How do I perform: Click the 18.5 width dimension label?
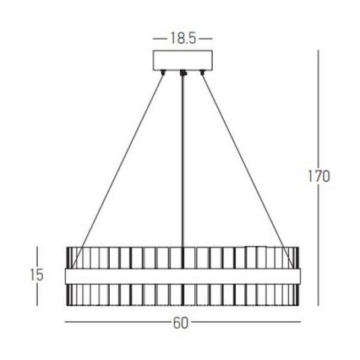click(x=183, y=39)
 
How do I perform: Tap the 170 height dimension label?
click(x=317, y=177)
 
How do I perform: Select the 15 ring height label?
click(x=36, y=275)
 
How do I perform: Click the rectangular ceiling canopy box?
click(x=183, y=62)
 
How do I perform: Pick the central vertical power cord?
click(x=183, y=169)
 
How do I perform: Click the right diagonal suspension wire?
click(x=245, y=161)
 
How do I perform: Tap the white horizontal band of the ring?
click(x=183, y=276)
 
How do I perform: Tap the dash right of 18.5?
click(x=207, y=39)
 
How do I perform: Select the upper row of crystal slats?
click(x=183, y=257)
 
